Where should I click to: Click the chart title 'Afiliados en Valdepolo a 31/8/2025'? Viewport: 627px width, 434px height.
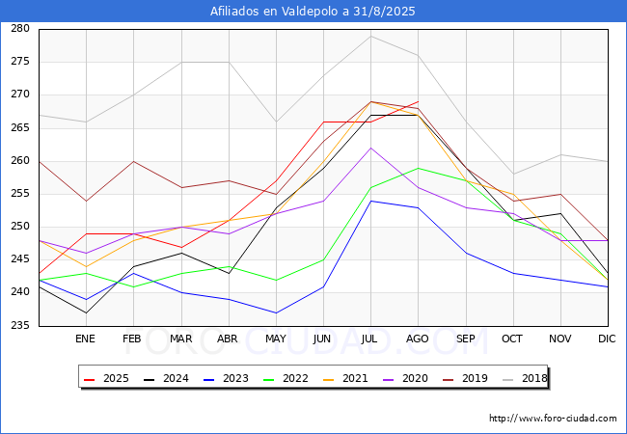click(x=313, y=11)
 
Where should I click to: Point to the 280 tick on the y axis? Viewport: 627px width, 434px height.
click(x=20, y=29)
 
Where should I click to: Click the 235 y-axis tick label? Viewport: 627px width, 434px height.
click(x=20, y=326)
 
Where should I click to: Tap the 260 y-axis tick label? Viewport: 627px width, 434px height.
click(x=20, y=161)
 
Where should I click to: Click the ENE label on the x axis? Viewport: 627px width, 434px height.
click(x=86, y=339)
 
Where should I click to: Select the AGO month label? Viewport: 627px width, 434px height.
click(x=418, y=339)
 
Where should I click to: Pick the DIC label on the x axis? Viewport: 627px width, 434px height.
click(x=607, y=339)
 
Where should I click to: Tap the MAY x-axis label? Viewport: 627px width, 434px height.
click(x=276, y=339)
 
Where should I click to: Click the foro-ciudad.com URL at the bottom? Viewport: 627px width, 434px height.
click(x=553, y=419)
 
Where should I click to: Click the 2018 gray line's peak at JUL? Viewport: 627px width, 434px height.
click(x=370, y=36)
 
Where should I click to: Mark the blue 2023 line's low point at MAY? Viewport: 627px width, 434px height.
click(x=276, y=312)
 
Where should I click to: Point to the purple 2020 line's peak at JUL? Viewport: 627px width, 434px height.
click(x=370, y=148)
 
